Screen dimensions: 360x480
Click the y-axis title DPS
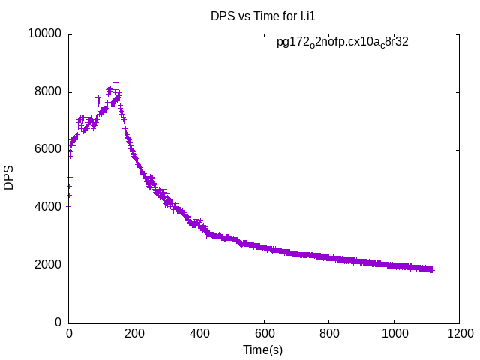(x=9, y=178)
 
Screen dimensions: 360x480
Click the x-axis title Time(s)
(x=263, y=349)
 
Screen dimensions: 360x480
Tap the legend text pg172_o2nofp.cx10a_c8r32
(x=343, y=42)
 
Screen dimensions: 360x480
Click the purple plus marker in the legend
(x=430, y=43)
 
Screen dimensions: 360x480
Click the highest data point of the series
(x=115, y=82)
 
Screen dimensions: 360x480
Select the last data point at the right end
(x=431, y=269)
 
